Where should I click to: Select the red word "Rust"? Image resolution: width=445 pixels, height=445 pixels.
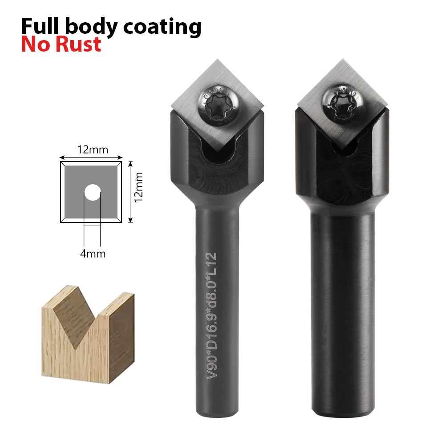[x=79, y=44]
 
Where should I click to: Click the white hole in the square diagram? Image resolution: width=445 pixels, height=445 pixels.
[x=92, y=192]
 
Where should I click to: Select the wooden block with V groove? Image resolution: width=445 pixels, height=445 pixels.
[x=88, y=332]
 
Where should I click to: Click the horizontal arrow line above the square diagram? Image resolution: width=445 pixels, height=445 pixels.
[x=91, y=157]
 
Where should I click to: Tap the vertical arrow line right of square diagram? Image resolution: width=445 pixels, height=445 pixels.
[x=130, y=191]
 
